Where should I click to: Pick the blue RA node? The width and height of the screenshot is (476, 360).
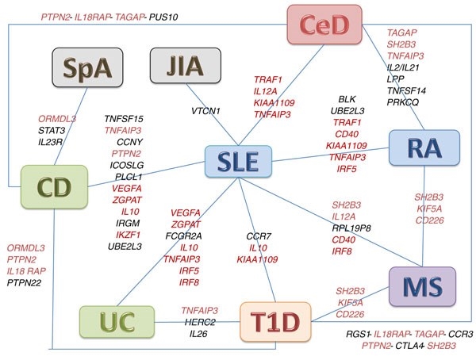tap(425, 147)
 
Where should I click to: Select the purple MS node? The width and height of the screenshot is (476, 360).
tap(425, 284)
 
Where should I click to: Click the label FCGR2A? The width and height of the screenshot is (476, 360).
tap(184, 236)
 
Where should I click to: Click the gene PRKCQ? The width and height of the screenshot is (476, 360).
tap(402, 103)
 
